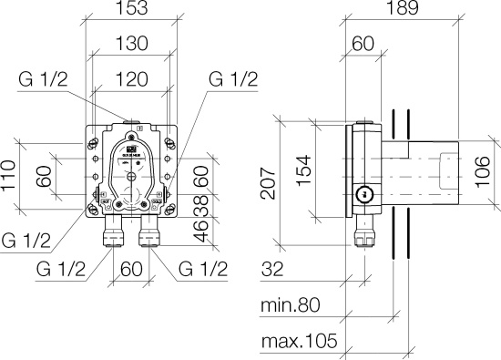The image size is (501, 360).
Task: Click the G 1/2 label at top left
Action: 43,79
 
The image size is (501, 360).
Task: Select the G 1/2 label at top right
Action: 233,79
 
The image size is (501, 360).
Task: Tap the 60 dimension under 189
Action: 363,45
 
